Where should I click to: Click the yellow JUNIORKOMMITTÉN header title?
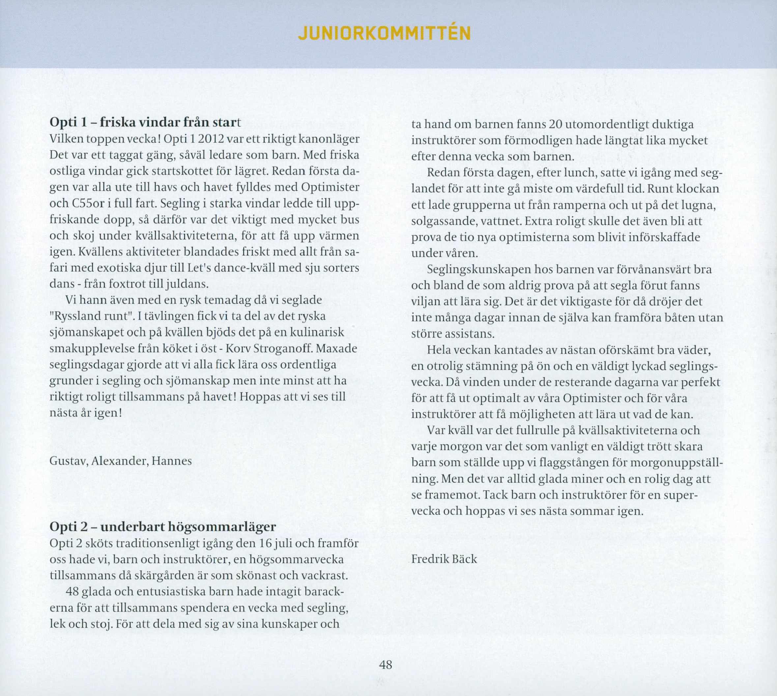pos(385,34)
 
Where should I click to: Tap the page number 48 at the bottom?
pos(386,665)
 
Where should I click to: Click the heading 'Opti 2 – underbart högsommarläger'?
pos(163,527)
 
